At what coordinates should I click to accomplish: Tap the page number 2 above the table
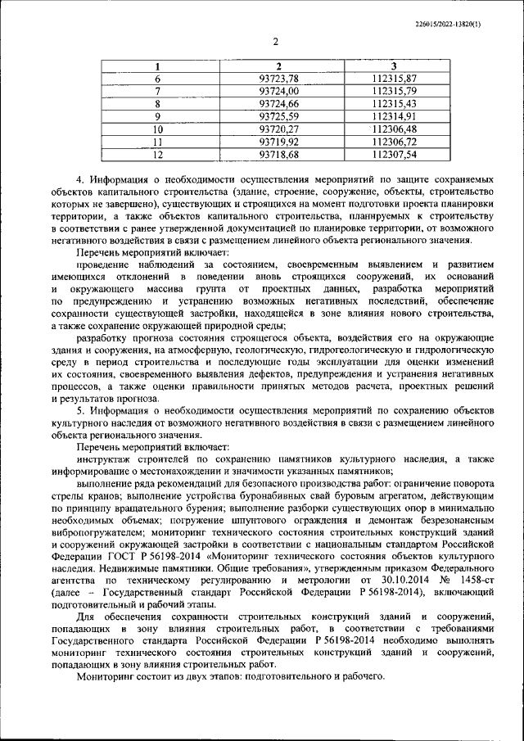coord(275,42)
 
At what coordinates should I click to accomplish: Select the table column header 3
coord(394,66)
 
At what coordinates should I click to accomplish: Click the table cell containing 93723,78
coord(279,79)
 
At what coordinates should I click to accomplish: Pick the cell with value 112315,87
coord(394,79)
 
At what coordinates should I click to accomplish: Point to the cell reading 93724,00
coord(279,91)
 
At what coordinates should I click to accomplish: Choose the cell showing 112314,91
coord(394,116)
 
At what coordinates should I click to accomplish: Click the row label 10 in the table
coord(158,129)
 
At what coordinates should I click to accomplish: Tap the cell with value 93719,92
coord(279,141)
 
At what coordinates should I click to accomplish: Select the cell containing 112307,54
coord(394,153)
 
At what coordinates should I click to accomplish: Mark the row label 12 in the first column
coord(158,153)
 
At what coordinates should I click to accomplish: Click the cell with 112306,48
coord(394,129)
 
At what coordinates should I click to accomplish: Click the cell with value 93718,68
coord(279,153)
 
